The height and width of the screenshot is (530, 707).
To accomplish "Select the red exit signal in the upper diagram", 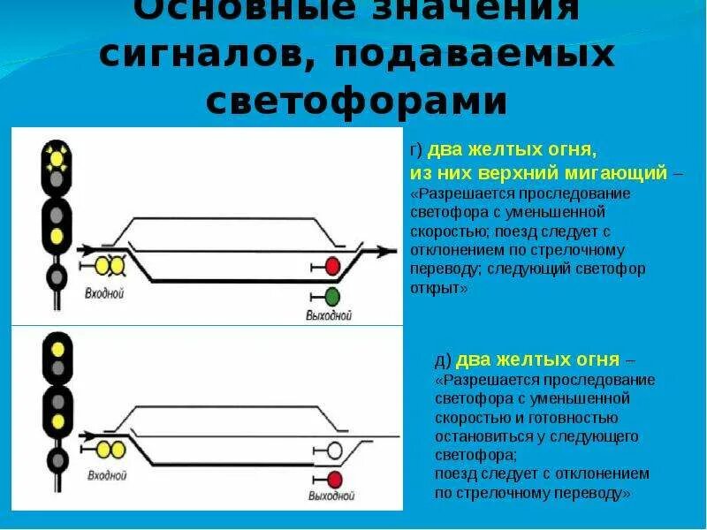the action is (x=333, y=266).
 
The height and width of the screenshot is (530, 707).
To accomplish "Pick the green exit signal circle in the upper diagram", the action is (x=332, y=296).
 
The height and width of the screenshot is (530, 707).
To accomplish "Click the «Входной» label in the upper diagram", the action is (x=104, y=293).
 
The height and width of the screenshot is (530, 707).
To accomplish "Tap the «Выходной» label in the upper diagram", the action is (x=329, y=315).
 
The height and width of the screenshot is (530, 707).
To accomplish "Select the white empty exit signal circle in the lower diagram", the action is (x=334, y=450).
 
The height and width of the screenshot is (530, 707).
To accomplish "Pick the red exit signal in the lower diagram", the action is (x=334, y=480).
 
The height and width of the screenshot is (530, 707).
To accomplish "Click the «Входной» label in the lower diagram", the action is (x=105, y=476).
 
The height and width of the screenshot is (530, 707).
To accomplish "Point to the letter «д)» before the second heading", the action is (x=443, y=360).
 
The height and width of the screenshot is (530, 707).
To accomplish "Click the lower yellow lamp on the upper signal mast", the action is (x=57, y=237).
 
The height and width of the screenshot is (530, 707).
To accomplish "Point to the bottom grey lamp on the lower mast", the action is (x=57, y=459).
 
